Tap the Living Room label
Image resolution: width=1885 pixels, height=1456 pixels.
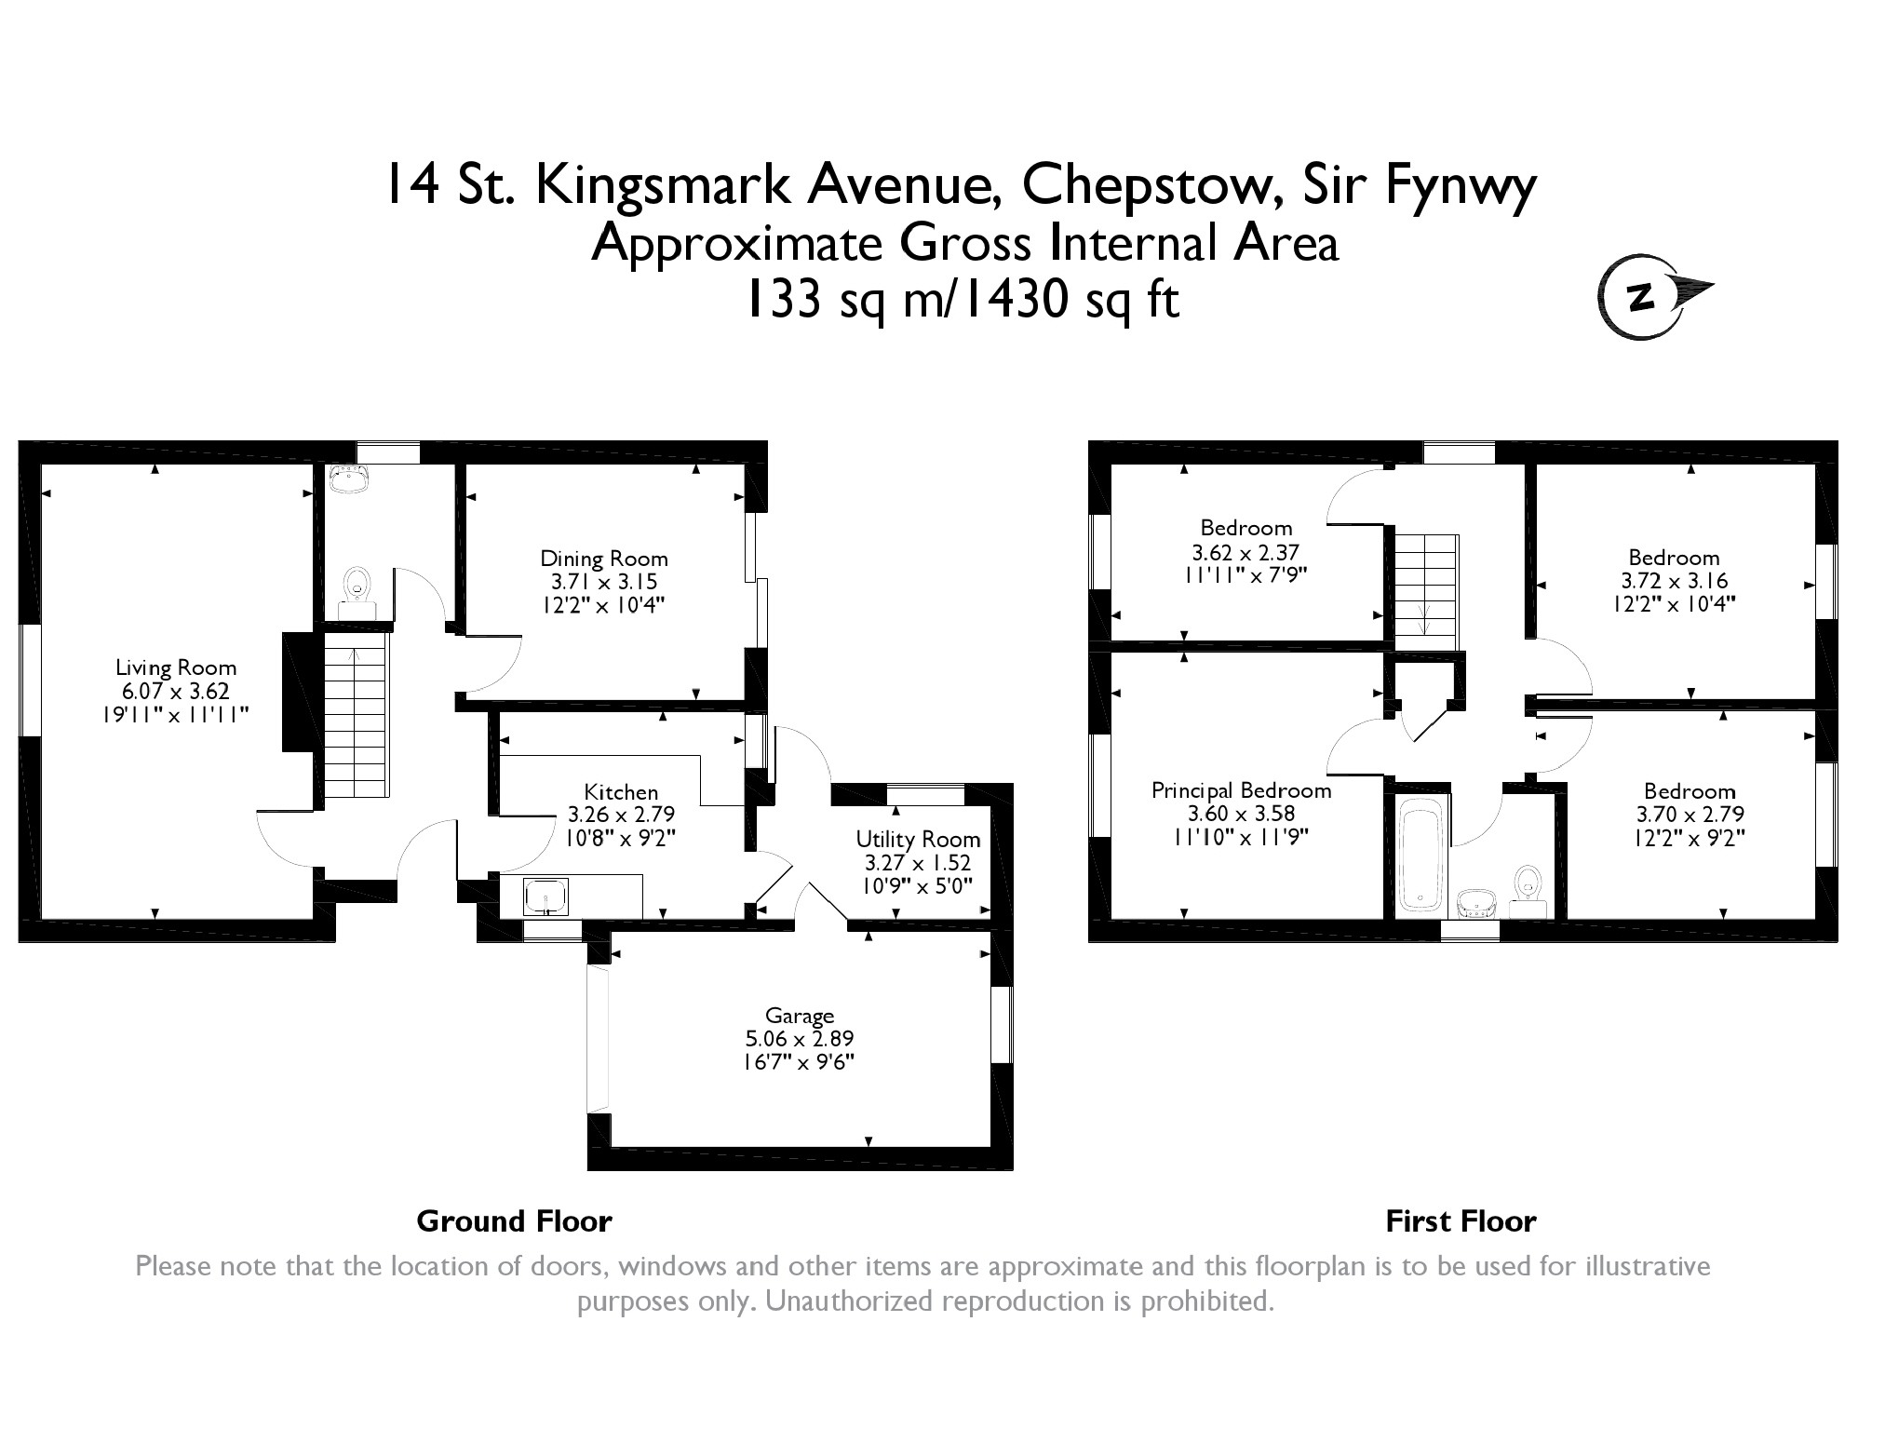tap(176, 667)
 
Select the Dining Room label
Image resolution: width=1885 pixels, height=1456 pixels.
tap(604, 559)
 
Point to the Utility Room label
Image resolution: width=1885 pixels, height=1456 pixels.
tap(917, 839)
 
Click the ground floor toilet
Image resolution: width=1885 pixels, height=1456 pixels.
tap(355, 590)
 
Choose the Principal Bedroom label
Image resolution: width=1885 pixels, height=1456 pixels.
tap(1241, 790)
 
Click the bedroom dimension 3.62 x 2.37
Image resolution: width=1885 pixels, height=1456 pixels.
tap(1242, 551)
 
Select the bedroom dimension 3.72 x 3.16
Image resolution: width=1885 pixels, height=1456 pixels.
tap(1674, 581)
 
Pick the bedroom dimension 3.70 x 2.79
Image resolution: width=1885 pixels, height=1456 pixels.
tap(1690, 815)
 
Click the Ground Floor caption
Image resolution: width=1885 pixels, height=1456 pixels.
tap(514, 1220)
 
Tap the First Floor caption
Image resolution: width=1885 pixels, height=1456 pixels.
tap(1460, 1220)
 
